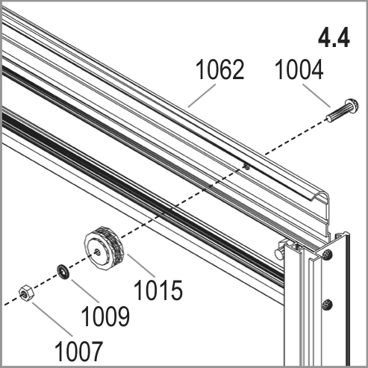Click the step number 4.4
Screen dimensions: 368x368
pyautogui.click(x=334, y=37)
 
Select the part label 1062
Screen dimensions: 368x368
pyautogui.click(x=220, y=69)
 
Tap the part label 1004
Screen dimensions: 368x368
pyautogui.click(x=299, y=69)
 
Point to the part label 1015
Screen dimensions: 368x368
pyautogui.click(x=158, y=290)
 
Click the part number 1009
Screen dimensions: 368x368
pyautogui.click(x=105, y=316)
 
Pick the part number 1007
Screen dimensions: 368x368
pyautogui.click(x=78, y=351)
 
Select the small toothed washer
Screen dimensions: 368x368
pyautogui.click(x=63, y=272)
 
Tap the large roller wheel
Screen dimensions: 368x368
pyautogui.click(x=104, y=248)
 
